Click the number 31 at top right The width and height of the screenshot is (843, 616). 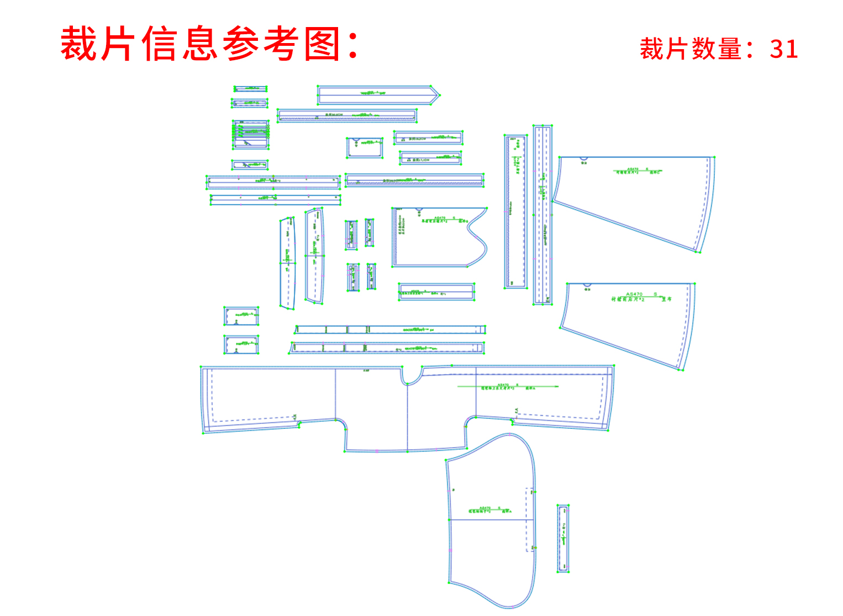(x=783, y=49)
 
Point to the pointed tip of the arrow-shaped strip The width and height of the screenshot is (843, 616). (x=438, y=95)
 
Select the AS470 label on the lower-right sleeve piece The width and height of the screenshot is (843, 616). (x=634, y=294)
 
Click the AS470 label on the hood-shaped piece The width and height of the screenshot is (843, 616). (x=484, y=508)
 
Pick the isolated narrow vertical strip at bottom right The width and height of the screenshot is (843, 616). (x=563, y=538)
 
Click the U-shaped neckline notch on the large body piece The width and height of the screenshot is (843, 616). (x=410, y=377)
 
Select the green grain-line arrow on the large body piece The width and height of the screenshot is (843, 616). (x=508, y=387)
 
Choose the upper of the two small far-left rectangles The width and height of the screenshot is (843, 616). (x=241, y=316)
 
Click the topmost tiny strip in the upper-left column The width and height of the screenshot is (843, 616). (x=250, y=89)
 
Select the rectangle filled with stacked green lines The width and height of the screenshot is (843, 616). (x=251, y=134)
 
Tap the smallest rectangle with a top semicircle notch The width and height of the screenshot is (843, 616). (x=365, y=147)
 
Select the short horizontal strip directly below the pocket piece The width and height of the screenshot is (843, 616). (x=436, y=292)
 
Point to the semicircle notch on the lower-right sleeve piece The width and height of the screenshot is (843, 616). (x=587, y=286)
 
